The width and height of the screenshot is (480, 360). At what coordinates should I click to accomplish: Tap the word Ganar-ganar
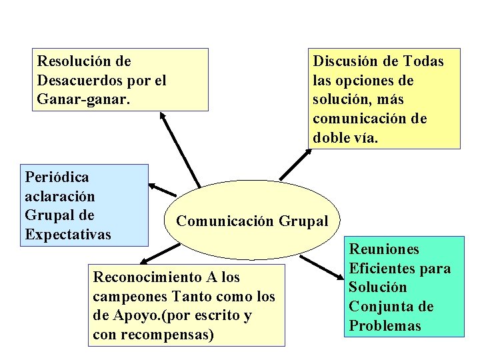click(84, 99)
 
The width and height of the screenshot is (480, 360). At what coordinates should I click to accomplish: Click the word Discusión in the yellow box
click(346, 62)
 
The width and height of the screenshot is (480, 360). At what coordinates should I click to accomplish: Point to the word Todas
click(423, 62)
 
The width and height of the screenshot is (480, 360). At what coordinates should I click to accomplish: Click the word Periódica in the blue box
click(57, 177)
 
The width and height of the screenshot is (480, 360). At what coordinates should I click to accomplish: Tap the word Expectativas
click(68, 235)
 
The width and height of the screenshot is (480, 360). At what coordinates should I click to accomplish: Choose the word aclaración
click(59, 197)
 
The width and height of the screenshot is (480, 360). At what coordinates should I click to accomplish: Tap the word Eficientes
click(383, 269)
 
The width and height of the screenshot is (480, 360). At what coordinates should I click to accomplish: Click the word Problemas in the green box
click(385, 326)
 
